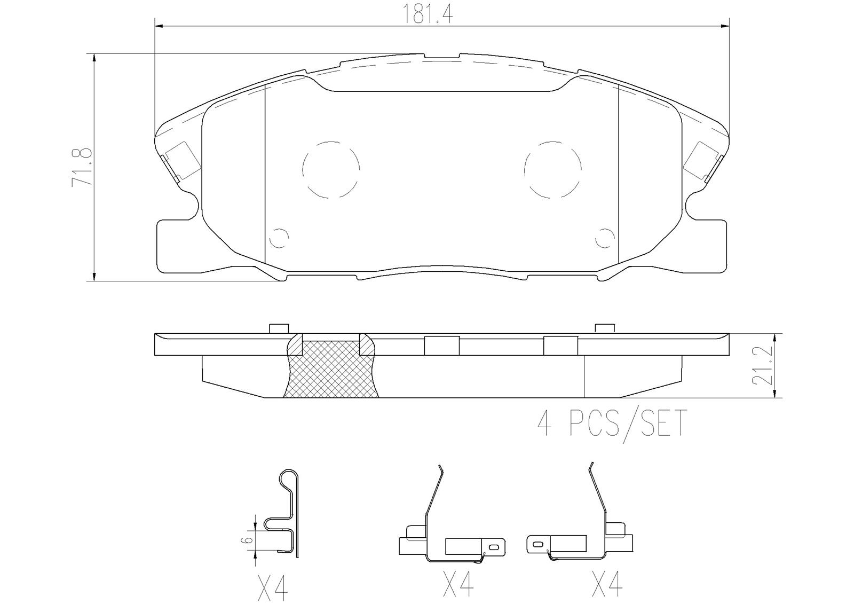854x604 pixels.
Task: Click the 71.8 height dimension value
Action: [82, 167]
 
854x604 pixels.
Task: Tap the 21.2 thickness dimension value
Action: [762, 366]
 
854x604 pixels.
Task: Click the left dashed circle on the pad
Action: [331, 169]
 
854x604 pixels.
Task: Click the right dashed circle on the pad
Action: [552, 169]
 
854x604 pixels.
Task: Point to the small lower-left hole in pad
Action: [279, 238]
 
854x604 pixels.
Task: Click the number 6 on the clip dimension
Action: [246, 540]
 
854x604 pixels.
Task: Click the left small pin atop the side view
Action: [279, 328]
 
